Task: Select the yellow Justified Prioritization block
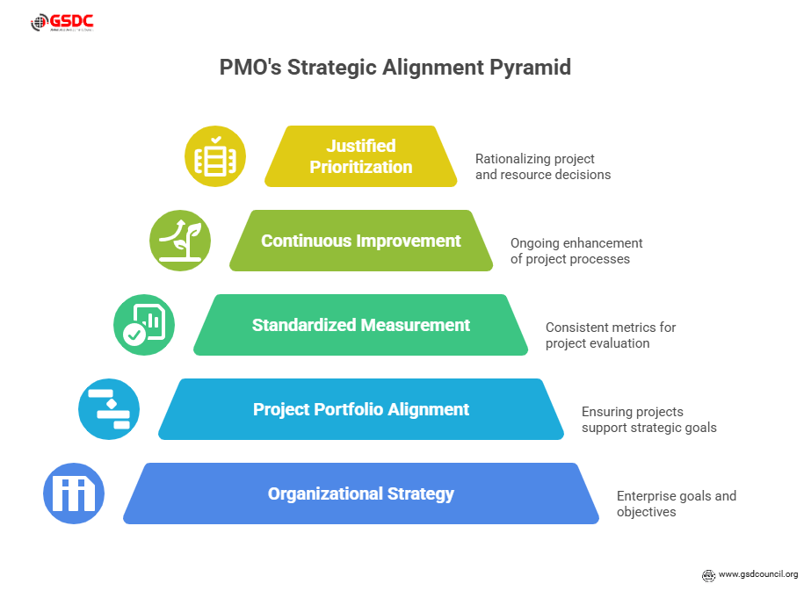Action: pyautogui.click(x=361, y=156)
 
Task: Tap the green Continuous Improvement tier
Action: pyautogui.click(x=361, y=241)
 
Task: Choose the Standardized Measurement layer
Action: pyautogui.click(x=361, y=325)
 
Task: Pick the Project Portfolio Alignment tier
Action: pyautogui.click(x=361, y=409)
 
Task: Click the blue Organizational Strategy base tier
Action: pyautogui.click(x=361, y=494)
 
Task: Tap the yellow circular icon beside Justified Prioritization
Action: pyautogui.click(x=214, y=156)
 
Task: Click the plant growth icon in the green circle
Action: pyautogui.click(x=179, y=241)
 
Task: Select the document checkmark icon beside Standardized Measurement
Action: pyautogui.click(x=144, y=325)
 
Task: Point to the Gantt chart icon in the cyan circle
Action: pyautogui.click(x=109, y=409)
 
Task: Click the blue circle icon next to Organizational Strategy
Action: pyautogui.click(x=74, y=494)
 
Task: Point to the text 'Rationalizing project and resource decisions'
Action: pyautogui.click(x=542, y=167)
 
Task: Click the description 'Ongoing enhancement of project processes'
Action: pyautogui.click(x=576, y=251)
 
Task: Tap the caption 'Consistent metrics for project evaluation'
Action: pyautogui.click(x=611, y=335)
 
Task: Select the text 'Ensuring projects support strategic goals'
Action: pyautogui.click(x=648, y=420)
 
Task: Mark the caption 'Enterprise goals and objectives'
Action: pyautogui.click(x=676, y=504)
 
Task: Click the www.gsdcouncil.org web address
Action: pyautogui.click(x=757, y=574)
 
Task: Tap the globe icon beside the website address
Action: pyautogui.click(x=708, y=575)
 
